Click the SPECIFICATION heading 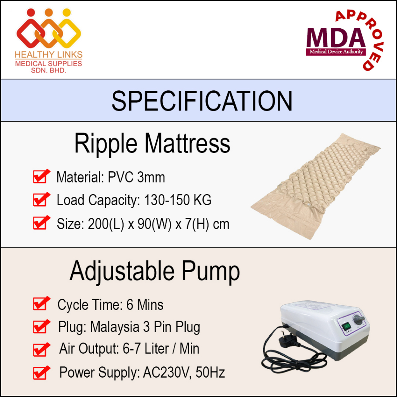click(202, 101)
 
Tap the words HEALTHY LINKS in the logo click(48, 54)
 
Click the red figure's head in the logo click(31, 12)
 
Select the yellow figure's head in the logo click(67, 12)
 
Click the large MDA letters click(336, 38)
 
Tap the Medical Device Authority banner click(336, 52)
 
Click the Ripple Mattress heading click(152, 143)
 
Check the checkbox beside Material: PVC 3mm click(41, 176)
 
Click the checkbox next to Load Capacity click(41, 200)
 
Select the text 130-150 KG click(178, 200)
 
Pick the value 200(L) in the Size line click(106, 224)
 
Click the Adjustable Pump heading click(154, 271)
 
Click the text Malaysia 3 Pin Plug click(145, 327)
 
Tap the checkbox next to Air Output click(41, 350)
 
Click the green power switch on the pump click(346, 326)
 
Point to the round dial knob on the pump click(359, 320)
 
